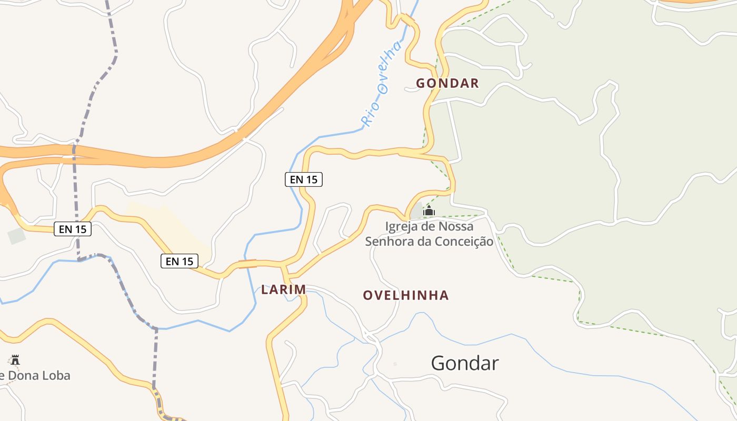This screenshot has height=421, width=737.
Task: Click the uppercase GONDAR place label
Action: tap(447, 83)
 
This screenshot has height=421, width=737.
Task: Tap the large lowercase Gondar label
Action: tap(464, 363)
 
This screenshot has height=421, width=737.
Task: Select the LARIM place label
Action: tap(283, 289)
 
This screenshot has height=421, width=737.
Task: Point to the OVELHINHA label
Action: tap(406, 295)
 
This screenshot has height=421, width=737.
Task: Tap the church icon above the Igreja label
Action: tap(429, 211)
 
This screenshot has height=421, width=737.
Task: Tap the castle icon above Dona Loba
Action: tap(15, 360)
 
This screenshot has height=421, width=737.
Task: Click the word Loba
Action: tap(55, 376)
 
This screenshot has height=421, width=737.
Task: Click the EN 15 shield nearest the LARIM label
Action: tap(180, 261)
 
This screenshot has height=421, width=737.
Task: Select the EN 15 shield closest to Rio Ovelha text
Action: tap(304, 179)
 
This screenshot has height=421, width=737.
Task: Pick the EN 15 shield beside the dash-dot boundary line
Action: tap(73, 229)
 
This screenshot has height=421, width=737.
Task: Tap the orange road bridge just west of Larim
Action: tap(247, 264)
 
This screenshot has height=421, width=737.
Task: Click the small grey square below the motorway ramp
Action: tap(16, 236)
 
